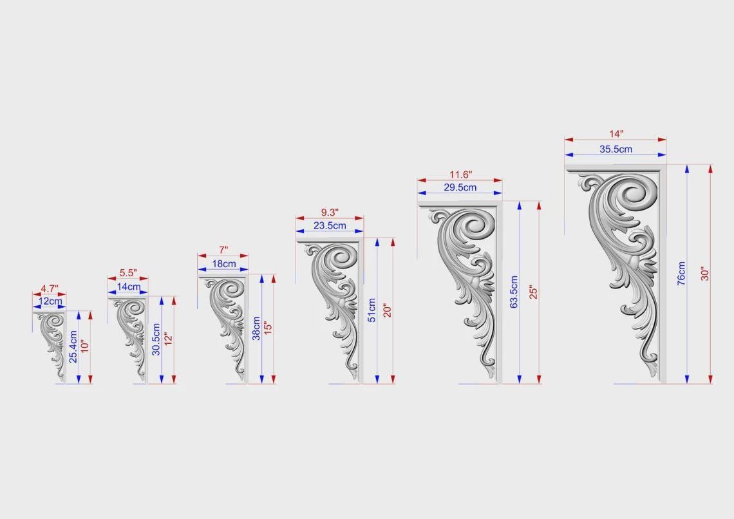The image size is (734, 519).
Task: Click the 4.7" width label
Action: [50, 288]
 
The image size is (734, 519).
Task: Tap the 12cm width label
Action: [50, 301]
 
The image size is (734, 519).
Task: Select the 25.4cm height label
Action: [73, 347]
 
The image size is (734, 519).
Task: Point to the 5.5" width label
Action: [127, 273]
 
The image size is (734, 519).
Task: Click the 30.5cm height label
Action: [156, 339]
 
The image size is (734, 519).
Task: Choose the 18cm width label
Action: [224, 264]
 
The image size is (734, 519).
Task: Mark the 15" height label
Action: [268, 328]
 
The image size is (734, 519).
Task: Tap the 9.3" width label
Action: [330, 213]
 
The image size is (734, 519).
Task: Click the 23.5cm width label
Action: [330, 225]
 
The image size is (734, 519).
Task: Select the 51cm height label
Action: [372, 310]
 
